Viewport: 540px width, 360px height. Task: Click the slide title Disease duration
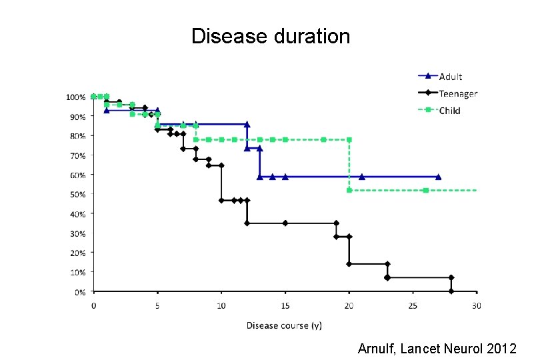[x=270, y=36]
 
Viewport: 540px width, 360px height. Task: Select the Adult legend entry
[x=450, y=77]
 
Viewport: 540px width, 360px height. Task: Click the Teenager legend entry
[x=457, y=94]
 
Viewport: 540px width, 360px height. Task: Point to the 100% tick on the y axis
[x=75, y=97]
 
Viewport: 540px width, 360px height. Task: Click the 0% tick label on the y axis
[x=79, y=292]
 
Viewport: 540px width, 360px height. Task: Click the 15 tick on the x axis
[x=285, y=306]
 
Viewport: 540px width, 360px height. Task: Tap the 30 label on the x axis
[x=477, y=306]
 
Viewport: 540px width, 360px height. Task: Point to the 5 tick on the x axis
[x=157, y=306]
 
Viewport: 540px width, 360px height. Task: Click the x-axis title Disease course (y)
[x=284, y=325]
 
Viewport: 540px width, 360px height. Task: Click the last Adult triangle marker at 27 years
[x=438, y=177]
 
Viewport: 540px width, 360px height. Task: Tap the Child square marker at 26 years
[x=425, y=190]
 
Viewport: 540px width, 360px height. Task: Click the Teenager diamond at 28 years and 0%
[x=451, y=291]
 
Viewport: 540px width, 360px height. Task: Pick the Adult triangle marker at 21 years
[x=361, y=177]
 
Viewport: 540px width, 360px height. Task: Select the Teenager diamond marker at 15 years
[x=285, y=223]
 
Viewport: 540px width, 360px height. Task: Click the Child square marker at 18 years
[x=323, y=139]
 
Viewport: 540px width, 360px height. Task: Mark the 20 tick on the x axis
[x=349, y=306]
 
